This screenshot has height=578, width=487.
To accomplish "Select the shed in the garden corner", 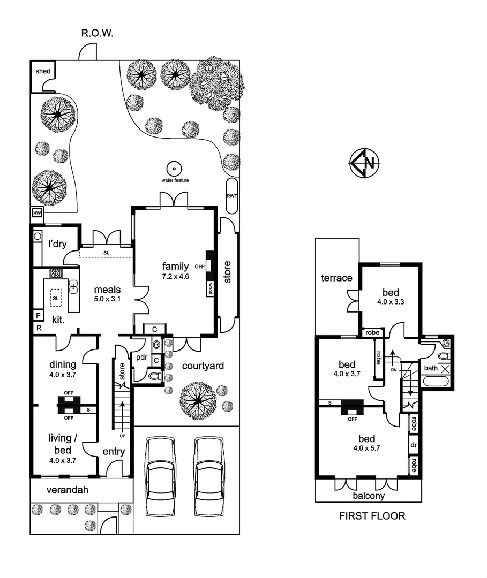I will [x=42, y=72].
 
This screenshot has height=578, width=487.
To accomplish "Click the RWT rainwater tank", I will [x=232, y=196].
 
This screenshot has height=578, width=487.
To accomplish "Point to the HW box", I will [x=37, y=213].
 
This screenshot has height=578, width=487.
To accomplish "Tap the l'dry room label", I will [x=57, y=244].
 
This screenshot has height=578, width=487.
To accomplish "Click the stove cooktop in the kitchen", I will [x=56, y=273].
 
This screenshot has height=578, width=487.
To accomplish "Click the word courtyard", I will [x=203, y=366].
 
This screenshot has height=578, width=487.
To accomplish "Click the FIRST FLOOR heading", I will [x=372, y=516].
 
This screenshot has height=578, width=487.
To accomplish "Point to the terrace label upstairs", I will [x=336, y=278].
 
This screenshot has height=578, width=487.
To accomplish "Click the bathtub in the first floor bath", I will [x=437, y=382].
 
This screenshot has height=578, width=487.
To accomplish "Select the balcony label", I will [x=368, y=496].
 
